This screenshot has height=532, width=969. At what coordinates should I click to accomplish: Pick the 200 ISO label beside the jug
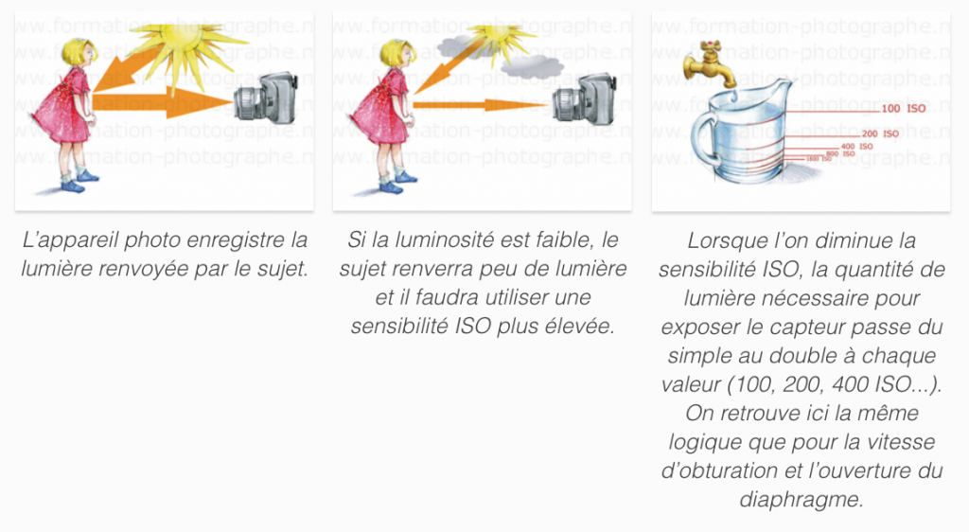880,134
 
